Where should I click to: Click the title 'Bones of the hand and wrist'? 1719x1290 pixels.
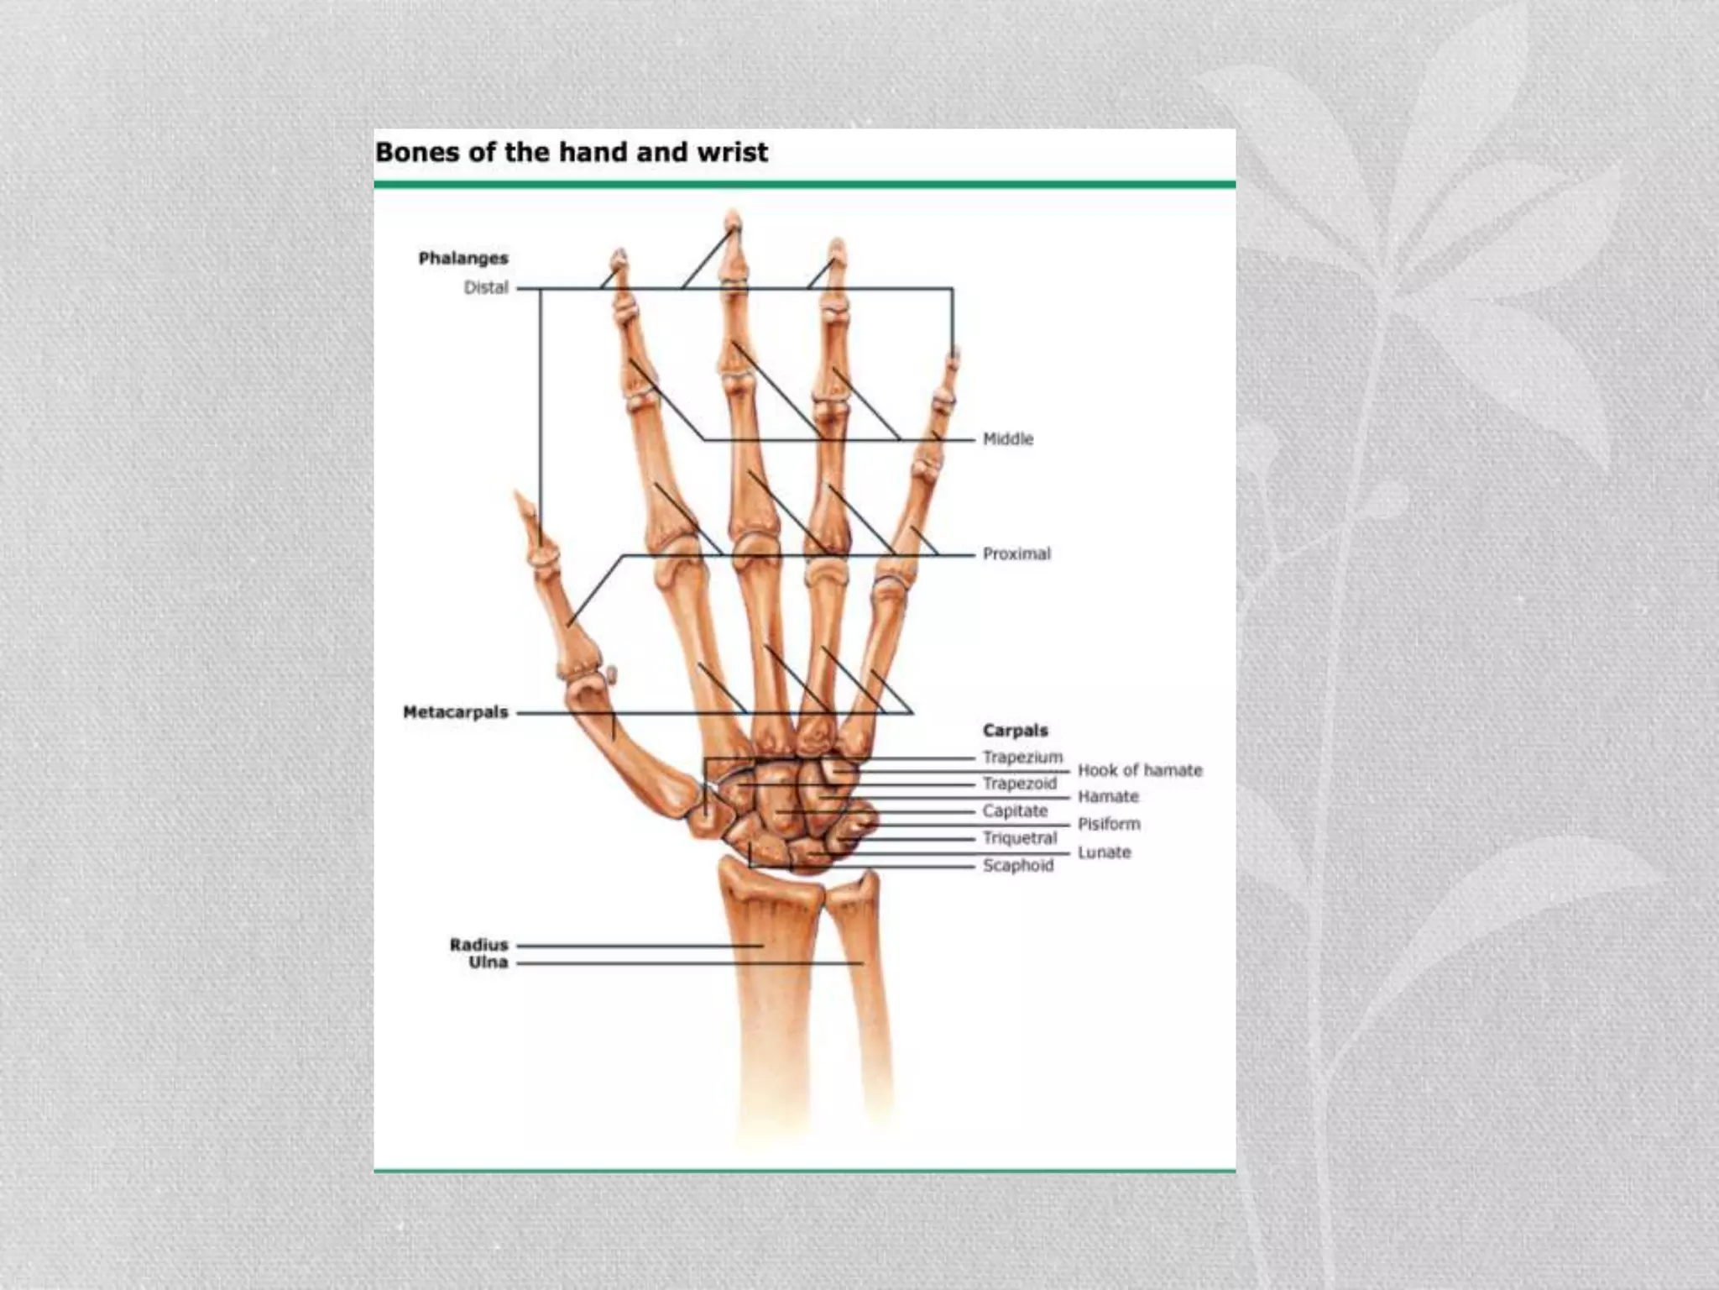571,152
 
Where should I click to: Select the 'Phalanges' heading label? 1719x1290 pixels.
463,258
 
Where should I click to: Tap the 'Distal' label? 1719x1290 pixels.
486,287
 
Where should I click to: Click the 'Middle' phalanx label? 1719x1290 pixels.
1008,438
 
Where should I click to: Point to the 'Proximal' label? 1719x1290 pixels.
1016,553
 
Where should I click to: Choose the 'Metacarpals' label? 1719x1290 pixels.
456,712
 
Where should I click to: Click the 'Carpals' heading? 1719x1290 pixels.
1015,730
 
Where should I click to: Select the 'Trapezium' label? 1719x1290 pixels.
1022,757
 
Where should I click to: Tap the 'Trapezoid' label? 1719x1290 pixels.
1020,784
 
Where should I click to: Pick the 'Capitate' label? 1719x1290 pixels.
1015,810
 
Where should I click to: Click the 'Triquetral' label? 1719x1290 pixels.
1020,837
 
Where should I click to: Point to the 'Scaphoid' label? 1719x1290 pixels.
1017,864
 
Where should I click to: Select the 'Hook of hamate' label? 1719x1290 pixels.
1140,770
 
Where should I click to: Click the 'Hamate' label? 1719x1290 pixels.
1108,796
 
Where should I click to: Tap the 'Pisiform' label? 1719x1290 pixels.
1109,824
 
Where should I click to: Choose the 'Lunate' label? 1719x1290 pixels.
1104,852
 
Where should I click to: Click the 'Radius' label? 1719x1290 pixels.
479,945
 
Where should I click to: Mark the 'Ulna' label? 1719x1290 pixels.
489,962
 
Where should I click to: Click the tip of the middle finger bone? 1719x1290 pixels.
733,219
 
